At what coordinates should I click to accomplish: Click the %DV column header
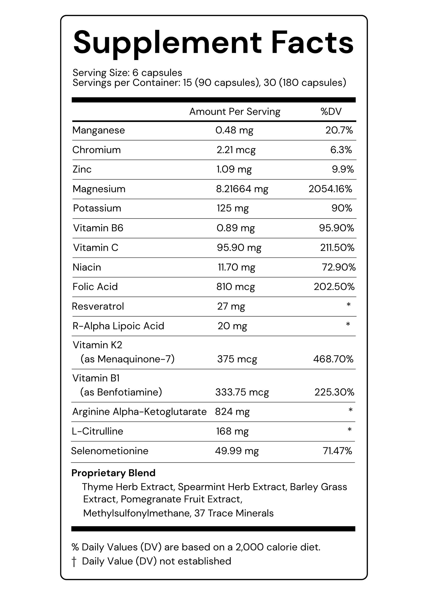[331, 112]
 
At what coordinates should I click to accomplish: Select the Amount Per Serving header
[235, 112]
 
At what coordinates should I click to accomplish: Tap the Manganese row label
[99, 130]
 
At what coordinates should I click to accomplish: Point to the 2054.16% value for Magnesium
[330, 189]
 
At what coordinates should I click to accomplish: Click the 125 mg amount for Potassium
[232, 208]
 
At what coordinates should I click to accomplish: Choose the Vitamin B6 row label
[98, 228]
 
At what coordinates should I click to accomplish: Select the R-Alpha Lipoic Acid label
[118, 326]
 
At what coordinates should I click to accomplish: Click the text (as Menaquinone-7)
[127, 359]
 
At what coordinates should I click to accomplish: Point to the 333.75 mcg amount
[242, 392]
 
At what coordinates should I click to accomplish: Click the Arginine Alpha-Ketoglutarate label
[139, 412]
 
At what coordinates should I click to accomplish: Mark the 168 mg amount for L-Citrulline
[232, 431]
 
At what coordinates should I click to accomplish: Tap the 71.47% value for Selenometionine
[337, 451]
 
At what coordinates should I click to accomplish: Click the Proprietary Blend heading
[113, 473]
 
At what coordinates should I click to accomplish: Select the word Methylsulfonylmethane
[137, 513]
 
